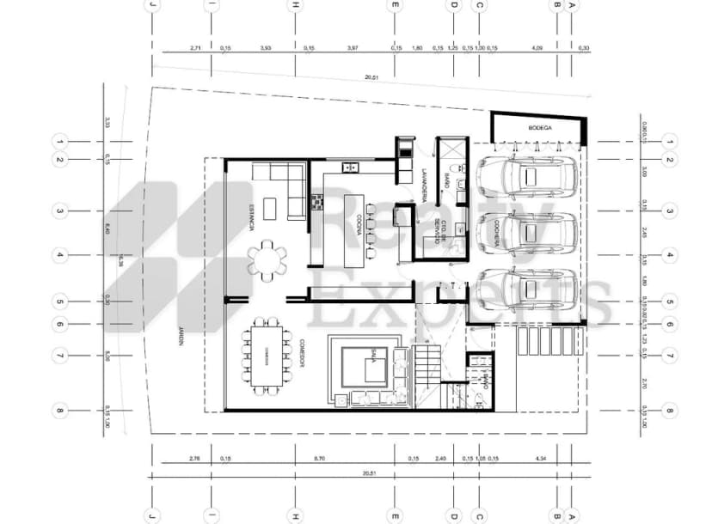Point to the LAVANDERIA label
427,180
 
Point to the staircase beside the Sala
427,369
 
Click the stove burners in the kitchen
315,203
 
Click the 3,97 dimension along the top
353,48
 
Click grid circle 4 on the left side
60,255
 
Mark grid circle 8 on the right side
671,411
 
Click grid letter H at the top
295,4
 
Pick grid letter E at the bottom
395,518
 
